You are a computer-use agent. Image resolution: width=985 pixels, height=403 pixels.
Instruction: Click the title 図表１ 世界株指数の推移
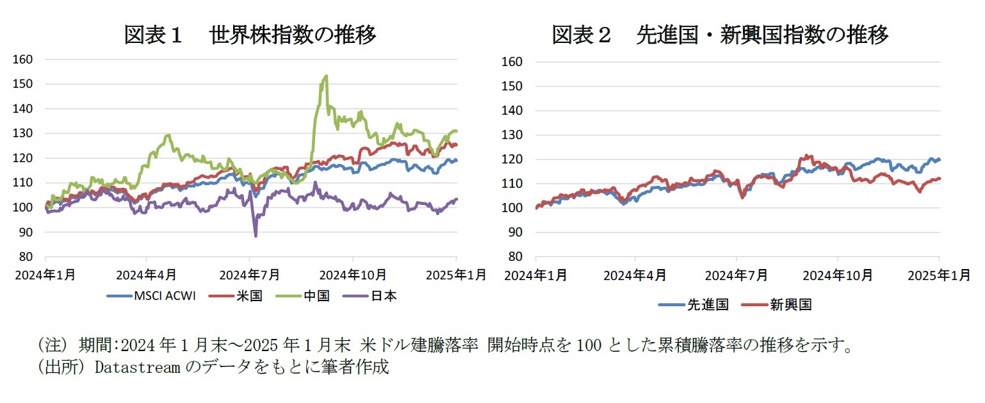click(250, 35)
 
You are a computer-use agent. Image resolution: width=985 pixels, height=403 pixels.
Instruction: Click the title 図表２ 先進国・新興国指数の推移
click(720, 35)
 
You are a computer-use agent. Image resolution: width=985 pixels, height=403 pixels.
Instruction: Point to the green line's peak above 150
click(326, 76)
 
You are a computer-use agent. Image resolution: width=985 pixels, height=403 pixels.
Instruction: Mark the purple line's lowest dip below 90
click(256, 236)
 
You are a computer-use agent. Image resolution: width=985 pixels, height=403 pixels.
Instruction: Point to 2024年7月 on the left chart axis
click(250, 275)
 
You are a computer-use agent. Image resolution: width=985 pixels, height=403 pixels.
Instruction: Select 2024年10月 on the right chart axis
click(838, 276)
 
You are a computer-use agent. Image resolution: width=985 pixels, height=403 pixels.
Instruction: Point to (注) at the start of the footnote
click(54, 347)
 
